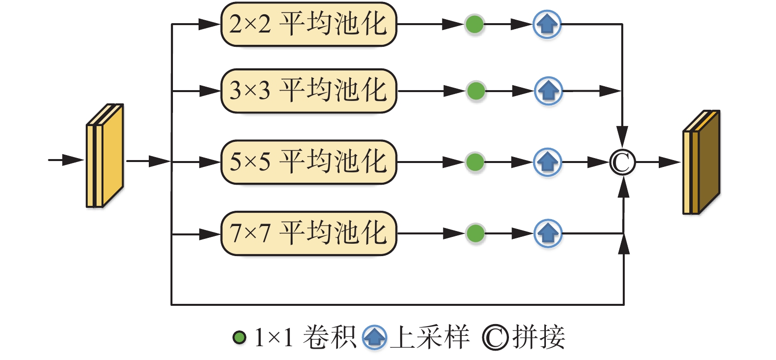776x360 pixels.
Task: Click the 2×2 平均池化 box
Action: [308, 24]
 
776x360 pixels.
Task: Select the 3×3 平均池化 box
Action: [308, 91]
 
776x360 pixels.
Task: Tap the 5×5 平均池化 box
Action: [308, 162]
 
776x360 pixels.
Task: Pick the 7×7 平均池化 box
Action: [308, 233]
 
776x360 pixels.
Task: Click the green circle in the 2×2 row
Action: [474, 24]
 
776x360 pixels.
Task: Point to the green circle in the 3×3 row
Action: [475, 91]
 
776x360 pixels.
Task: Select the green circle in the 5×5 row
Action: [475, 162]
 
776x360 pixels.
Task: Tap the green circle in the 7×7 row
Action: [475, 233]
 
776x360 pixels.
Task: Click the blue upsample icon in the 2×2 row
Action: [547, 24]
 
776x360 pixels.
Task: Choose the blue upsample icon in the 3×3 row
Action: [548, 91]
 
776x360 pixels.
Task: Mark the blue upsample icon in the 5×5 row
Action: [547, 162]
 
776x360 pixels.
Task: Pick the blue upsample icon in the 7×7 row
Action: [548, 233]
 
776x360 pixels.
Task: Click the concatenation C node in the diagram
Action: [623, 163]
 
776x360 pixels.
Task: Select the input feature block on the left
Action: [104, 156]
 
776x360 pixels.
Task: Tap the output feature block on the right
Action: [701, 163]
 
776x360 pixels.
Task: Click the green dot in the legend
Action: [239, 338]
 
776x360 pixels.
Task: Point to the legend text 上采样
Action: [429, 338]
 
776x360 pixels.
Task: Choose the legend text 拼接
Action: [539, 338]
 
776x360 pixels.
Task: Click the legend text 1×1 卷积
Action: [304, 338]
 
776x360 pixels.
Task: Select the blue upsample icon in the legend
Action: [374, 338]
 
